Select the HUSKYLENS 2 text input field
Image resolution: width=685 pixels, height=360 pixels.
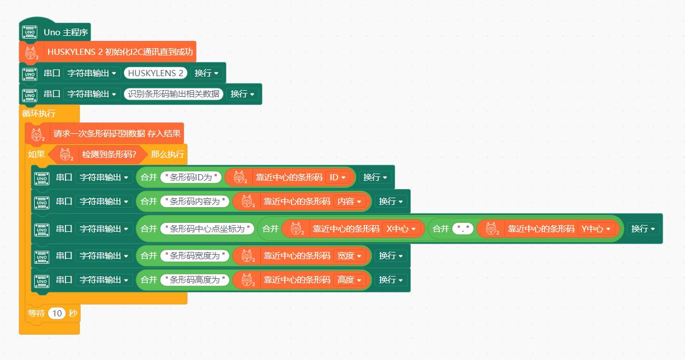(x=156, y=73)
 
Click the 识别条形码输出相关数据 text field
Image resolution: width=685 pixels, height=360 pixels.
(x=173, y=93)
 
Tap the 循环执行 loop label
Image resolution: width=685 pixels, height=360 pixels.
(x=39, y=113)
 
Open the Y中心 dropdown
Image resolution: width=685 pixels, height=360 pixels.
(x=597, y=228)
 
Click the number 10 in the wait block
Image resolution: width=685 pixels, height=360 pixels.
(x=57, y=314)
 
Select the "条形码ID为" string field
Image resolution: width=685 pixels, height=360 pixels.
(x=191, y=177)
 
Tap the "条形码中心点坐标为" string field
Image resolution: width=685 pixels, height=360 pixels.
(x=207, y=228)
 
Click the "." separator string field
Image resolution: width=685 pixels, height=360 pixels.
(x=463, y=228)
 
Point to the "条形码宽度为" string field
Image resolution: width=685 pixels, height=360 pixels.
(x=195, y=255)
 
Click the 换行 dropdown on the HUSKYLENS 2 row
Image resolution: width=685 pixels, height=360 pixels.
(x=207, y=73)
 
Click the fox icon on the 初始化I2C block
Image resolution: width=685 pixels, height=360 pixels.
(x=31, y=53)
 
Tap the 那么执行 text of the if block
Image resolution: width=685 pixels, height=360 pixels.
(x=167, y=154)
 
